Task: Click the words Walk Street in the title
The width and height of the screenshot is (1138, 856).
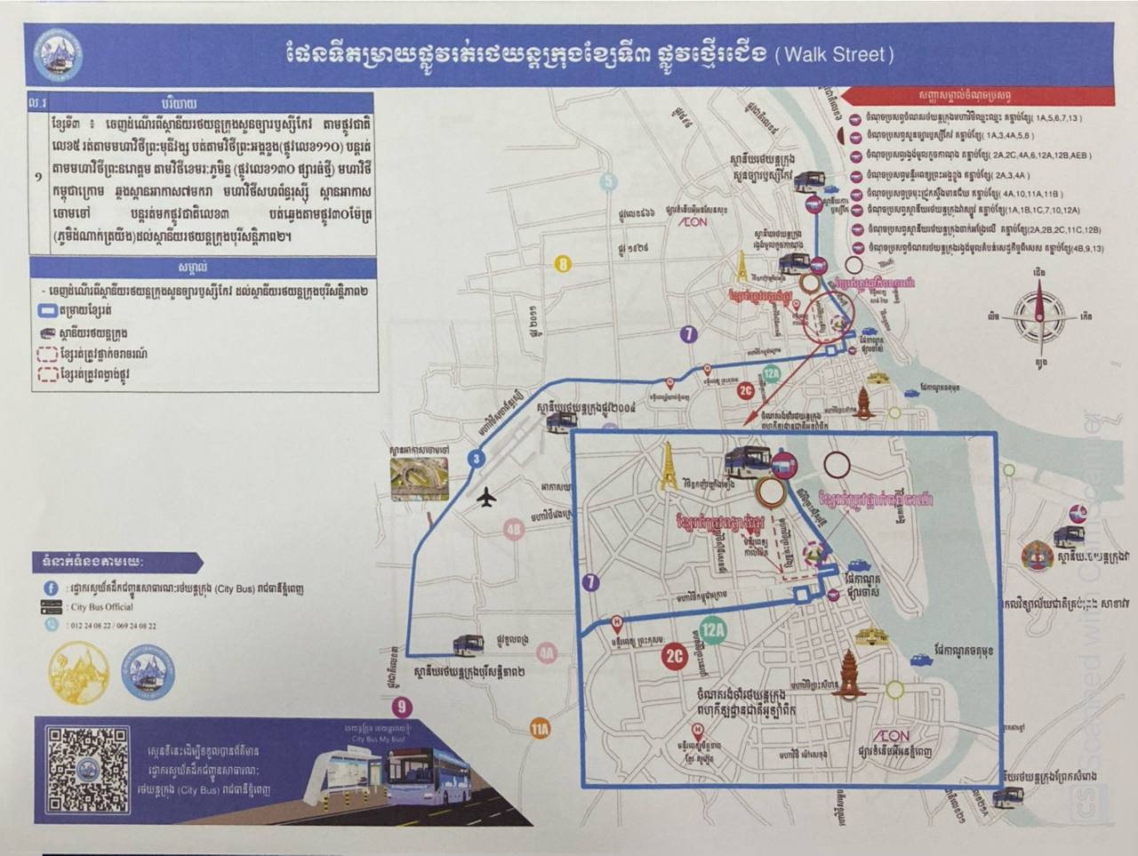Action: click(835, 54)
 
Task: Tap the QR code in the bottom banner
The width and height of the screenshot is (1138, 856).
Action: click(88, 770)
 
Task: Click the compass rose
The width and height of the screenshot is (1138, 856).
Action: click(1039, 315)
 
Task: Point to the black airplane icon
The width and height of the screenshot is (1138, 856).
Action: click(485, 499)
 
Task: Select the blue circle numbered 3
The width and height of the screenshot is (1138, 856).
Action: click(477, 459)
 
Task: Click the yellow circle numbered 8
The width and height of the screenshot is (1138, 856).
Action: click(562, 264)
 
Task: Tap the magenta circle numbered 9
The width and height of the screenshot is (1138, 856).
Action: click(404, 708)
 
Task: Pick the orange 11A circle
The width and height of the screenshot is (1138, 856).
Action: click(540, 730)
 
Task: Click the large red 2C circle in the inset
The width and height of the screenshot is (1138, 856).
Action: click(675, 657)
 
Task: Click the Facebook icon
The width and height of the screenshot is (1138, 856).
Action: click(52, 588)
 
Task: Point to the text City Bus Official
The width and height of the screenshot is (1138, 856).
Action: click(101, 607)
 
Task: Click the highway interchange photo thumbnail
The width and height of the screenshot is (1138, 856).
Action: click(416, 478)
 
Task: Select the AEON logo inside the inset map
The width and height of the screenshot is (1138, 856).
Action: click(892, 736)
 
